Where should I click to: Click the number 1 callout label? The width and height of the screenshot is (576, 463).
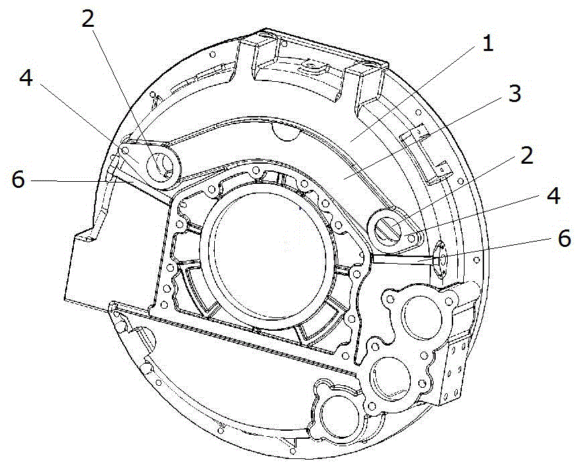pyautogui.click(x=488, y=44)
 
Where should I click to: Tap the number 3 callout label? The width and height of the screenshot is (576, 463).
pyautogui.click(x=514, y=94)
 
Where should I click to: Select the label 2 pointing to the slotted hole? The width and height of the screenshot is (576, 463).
pyautogui.click(x=526, y=155)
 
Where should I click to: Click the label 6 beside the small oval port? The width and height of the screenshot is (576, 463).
pyautogui.click(x=565, y=238)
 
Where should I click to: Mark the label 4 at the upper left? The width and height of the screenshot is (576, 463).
pyautogui.click(x=26, y=78)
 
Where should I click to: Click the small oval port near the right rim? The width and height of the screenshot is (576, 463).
pyautogui.click(x=442, y=256)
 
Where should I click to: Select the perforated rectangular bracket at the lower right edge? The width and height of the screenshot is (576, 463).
pyautogui.click(x=457, y=369)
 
